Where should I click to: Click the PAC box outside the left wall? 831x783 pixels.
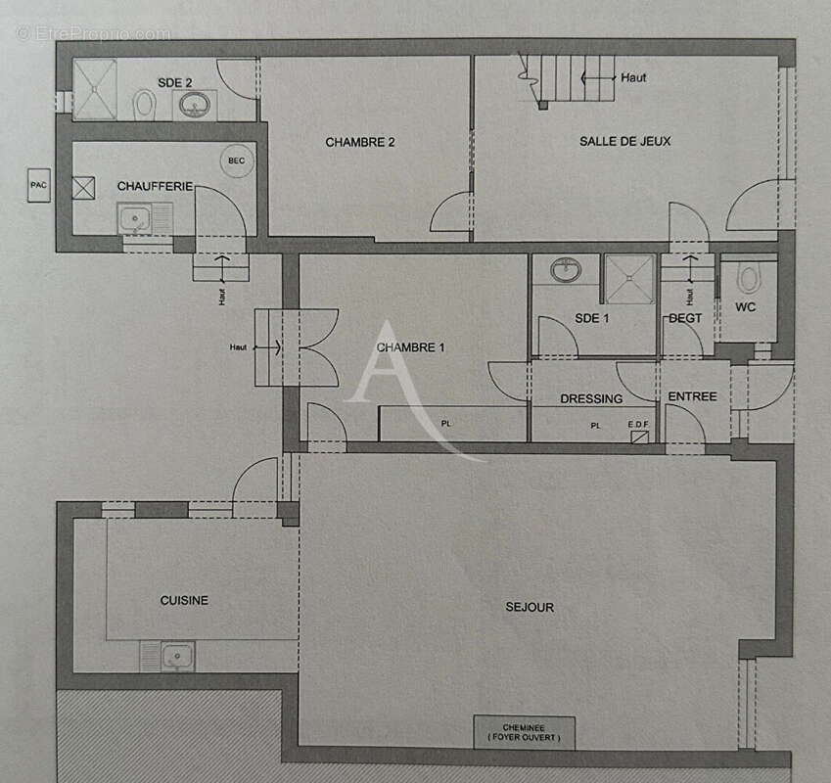pyautogui.click(x=39, y=184)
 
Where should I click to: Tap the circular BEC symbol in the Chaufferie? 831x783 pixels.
pyautogui.click(x=236, y=161)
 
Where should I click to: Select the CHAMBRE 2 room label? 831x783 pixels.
pyautogui.click(x=360, y=142)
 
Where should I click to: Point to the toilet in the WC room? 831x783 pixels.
pyautogui.click(x=750, y=279)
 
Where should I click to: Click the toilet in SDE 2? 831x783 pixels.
pyautogui.click(x=145, y=104)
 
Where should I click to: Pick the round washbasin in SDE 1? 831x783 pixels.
pyautogui.click(x=565, y=269)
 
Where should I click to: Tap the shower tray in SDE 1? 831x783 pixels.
pyautogui.click(x=628, y=279)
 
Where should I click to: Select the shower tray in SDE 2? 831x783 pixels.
pyautogui.click(x=95, y=90)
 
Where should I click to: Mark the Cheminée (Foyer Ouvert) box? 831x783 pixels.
pyautogui.click(x=524, y=732)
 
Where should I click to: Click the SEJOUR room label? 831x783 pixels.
pyautogui.click(x=530, y=607)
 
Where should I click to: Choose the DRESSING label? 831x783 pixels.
pyautogui.click(x=591, y=398)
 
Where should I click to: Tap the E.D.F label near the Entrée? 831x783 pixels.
pyautogui.click(x=639, y=425)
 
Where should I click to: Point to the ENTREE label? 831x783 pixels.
pyautogui.click(x=692, y=396)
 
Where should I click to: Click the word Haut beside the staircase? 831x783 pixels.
pyautogui.click(x=633, y=77)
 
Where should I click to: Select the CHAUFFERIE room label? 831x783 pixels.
pyautogui.click(x=155, y=186)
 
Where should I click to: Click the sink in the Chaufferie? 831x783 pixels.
pyautogui.click(x=134, y=219)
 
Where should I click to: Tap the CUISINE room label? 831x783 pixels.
pyautogui.click(x=184, y=600)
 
